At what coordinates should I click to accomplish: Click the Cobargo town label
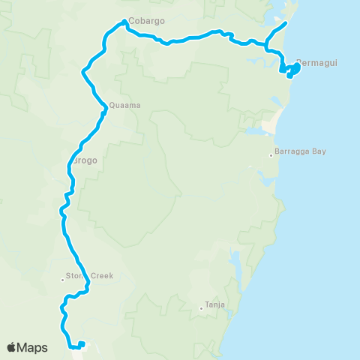146,21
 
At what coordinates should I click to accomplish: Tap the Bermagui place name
317,62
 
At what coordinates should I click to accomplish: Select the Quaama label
124,106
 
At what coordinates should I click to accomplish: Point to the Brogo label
85,160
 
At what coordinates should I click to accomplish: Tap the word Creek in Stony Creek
101,276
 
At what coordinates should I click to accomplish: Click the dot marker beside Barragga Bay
271,155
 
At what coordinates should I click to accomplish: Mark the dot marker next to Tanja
201,307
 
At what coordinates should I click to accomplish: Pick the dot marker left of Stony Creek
63,280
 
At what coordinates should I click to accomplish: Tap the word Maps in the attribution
33,347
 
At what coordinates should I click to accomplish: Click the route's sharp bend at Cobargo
124,22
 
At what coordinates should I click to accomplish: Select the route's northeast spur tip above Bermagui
286,23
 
